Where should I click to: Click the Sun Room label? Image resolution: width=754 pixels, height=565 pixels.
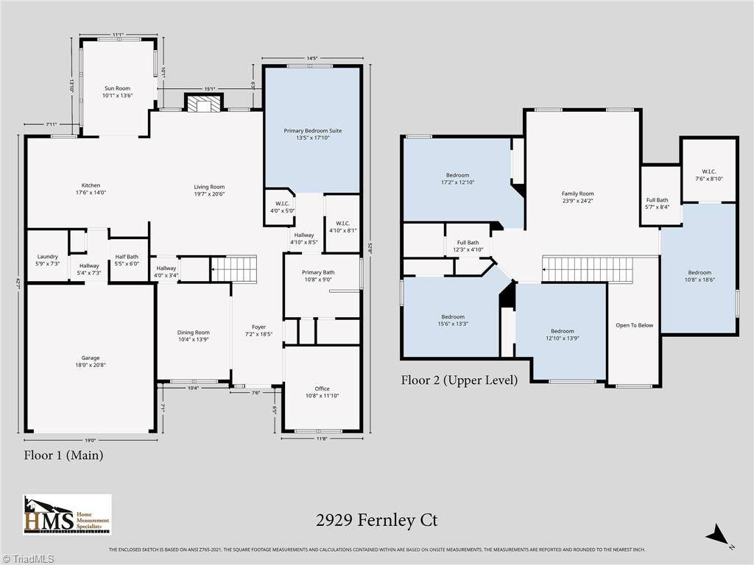(116, 91)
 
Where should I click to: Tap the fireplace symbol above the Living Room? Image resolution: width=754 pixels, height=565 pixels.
(202, 104)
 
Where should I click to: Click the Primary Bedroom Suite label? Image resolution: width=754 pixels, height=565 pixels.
(313, 135)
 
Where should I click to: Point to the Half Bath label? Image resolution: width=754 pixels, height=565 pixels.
(127, 260)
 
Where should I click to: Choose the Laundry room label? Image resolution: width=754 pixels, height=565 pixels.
(47, 260)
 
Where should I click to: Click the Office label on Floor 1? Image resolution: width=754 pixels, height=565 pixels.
(322, 392)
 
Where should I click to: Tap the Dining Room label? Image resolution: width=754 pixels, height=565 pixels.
(192, 336)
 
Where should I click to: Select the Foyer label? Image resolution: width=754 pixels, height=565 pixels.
(258, 331)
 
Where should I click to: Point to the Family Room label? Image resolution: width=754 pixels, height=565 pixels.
(577, 197)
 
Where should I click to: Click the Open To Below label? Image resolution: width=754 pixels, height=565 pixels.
(634, 325)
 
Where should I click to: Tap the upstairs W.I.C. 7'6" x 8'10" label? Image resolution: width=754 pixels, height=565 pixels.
(708, 174)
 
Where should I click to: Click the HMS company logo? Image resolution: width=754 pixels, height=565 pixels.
(67, 514)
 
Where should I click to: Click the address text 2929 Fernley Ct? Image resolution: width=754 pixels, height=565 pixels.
(376, 520)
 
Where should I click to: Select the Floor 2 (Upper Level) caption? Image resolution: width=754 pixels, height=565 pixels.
(459, 380)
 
